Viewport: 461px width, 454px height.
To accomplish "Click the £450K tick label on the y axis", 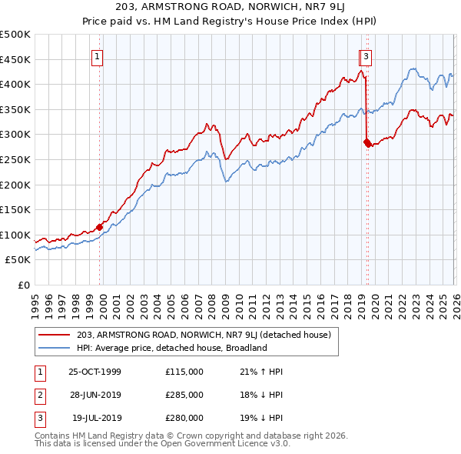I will tap(15, 59).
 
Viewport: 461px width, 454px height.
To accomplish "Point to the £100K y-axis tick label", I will tap(15, 235).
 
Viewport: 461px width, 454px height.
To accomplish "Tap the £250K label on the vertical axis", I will tap(15, 159).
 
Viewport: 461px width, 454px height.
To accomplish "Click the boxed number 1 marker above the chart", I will tap(98, 55).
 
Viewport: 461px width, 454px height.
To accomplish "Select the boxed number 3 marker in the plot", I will tap(366, 55).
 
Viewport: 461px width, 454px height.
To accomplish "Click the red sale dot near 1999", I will tap(99, 227).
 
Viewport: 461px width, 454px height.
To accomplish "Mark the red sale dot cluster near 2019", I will tap(367, 142).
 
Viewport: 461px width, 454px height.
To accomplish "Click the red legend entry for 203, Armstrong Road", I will tap(204, 335).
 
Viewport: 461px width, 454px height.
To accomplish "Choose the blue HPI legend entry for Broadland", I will tap(171, 348).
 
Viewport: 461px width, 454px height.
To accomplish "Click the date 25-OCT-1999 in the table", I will tap(95, 372).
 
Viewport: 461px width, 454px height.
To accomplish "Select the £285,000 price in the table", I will tap(184, 395).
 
